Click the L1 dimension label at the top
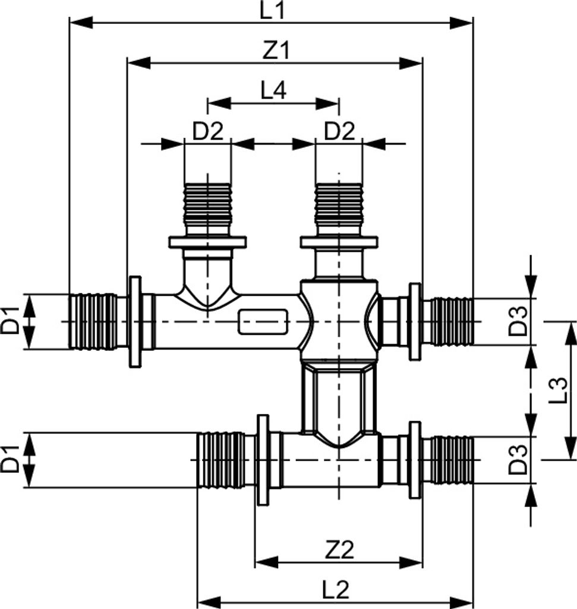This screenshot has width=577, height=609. point(272,11)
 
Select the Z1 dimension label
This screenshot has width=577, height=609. point(275,51)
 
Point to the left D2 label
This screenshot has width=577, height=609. point(207,131)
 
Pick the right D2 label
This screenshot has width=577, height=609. point(339,131)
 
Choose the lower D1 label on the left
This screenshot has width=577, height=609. point(11,460)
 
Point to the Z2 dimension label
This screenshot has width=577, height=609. point(339,550)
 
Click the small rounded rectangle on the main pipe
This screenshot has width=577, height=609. point(264,321)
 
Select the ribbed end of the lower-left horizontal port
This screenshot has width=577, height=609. point(220,460)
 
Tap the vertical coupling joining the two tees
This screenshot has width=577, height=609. point(339,397)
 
